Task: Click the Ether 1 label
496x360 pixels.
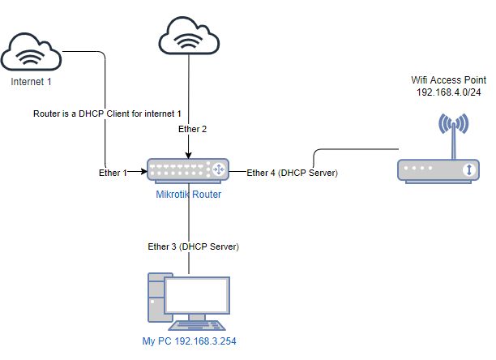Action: pyautogui.click(x=112, y=172)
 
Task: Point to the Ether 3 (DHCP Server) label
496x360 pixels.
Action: pyautogui.click(x=189, y=246)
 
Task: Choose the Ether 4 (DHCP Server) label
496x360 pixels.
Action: pyautogui.click(x=292, y=173)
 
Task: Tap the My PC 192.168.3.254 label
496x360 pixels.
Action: pyautogui.click(x=189, y=341)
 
